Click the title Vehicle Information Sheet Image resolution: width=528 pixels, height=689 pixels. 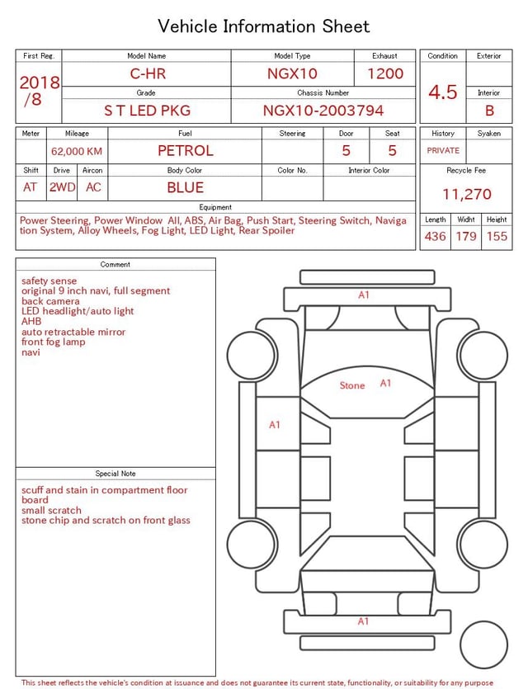point(264,26)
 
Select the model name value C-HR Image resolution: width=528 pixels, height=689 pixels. point(148,73)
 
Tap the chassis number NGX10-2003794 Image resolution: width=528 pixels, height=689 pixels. point(323,111)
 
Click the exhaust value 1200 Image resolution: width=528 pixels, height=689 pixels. point(385,73)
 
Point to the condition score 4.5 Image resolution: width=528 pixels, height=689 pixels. point(443,92)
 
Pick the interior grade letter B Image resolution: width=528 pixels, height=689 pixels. point(489,111)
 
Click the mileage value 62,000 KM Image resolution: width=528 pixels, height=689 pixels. point(77,152)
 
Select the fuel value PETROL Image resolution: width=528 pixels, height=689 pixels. point(186,151)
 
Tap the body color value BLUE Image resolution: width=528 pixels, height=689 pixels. point(185,187)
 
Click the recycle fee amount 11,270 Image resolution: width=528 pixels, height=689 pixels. point(467,195)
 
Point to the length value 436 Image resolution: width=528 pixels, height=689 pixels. point(435,236)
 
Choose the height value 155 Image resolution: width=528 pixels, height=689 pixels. point(497,236)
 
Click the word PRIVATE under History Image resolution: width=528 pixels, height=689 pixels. point(443,151)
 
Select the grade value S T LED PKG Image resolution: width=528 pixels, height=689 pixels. point(147,111)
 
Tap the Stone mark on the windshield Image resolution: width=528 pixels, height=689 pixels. point(352,385)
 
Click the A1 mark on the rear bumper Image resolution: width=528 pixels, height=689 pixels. point(363,621)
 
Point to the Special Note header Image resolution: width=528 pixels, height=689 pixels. point(115,474)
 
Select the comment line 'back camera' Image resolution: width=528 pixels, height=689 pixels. point(50,301)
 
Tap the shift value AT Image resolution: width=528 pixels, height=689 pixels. point(31,187)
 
